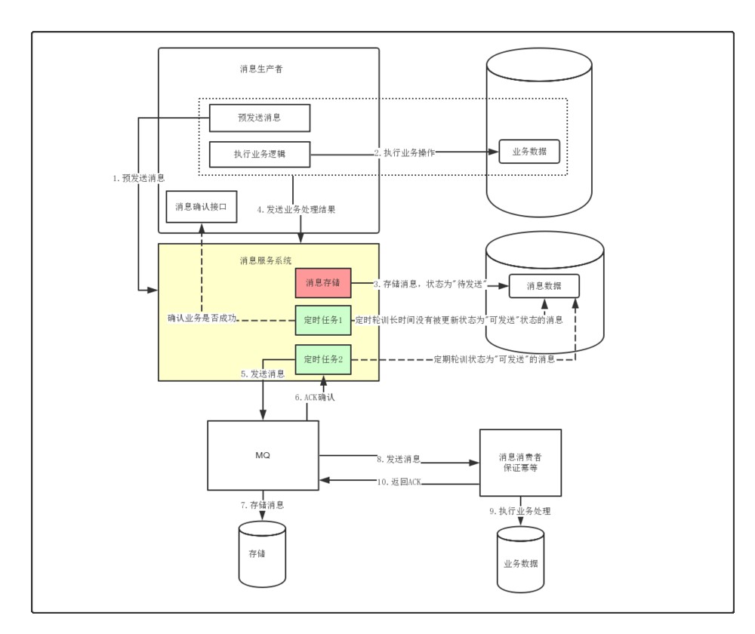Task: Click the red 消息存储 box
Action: pyautogui.click(x=323, y=283)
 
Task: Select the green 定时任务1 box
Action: pyautogui.click(x=323, y=320)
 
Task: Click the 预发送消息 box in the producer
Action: pyautogui.click(x=260, y=118)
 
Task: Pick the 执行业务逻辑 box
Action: pyautogui.click(x=260, y=154)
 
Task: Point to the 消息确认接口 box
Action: pyautogui.click(x=201, y=206)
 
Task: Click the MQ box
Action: pyautogui.click(x=262, y=457)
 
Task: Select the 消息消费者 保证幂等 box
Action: pyautogui.click(x=520, y=462)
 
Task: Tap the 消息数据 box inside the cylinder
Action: pyautogui.click(x=544, y=285)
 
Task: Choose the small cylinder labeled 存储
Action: pyautogui.click(x=262, y=553)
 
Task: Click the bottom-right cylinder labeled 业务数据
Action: pyautogui.click(x=520, y=562)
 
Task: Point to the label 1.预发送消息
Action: pyautogui.click(x=138, y=178)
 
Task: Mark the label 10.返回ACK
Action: pyautogui.click(x=398, y=481)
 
